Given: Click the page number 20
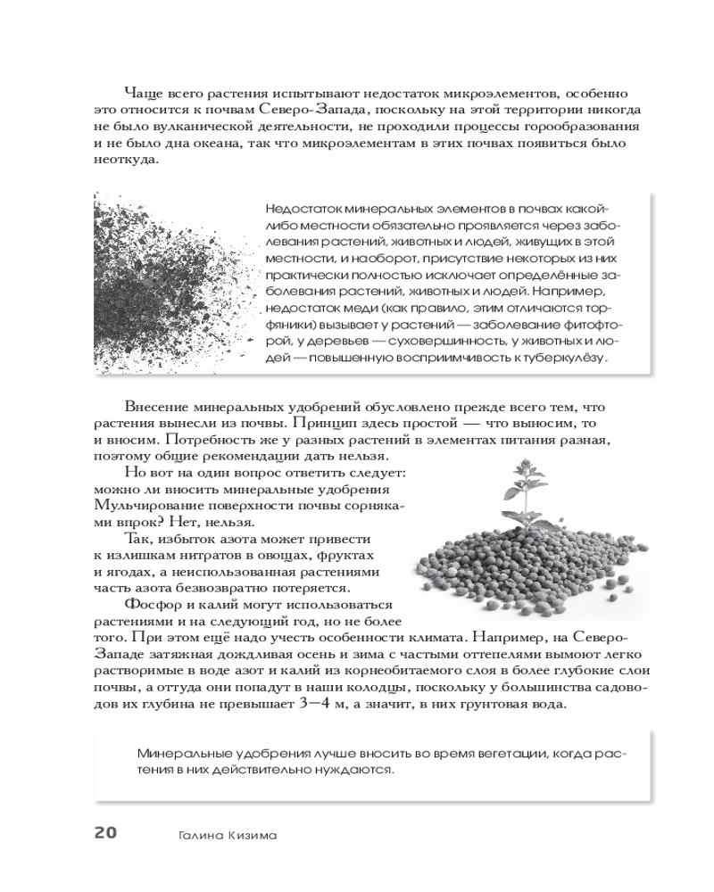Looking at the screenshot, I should tap(105, 833).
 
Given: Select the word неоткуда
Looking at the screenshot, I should tap(125, 160).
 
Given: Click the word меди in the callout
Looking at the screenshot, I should tap(345, 309).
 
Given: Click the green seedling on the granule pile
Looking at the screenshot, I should tap(520, 489).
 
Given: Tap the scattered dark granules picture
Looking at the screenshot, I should tap(162, 285).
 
